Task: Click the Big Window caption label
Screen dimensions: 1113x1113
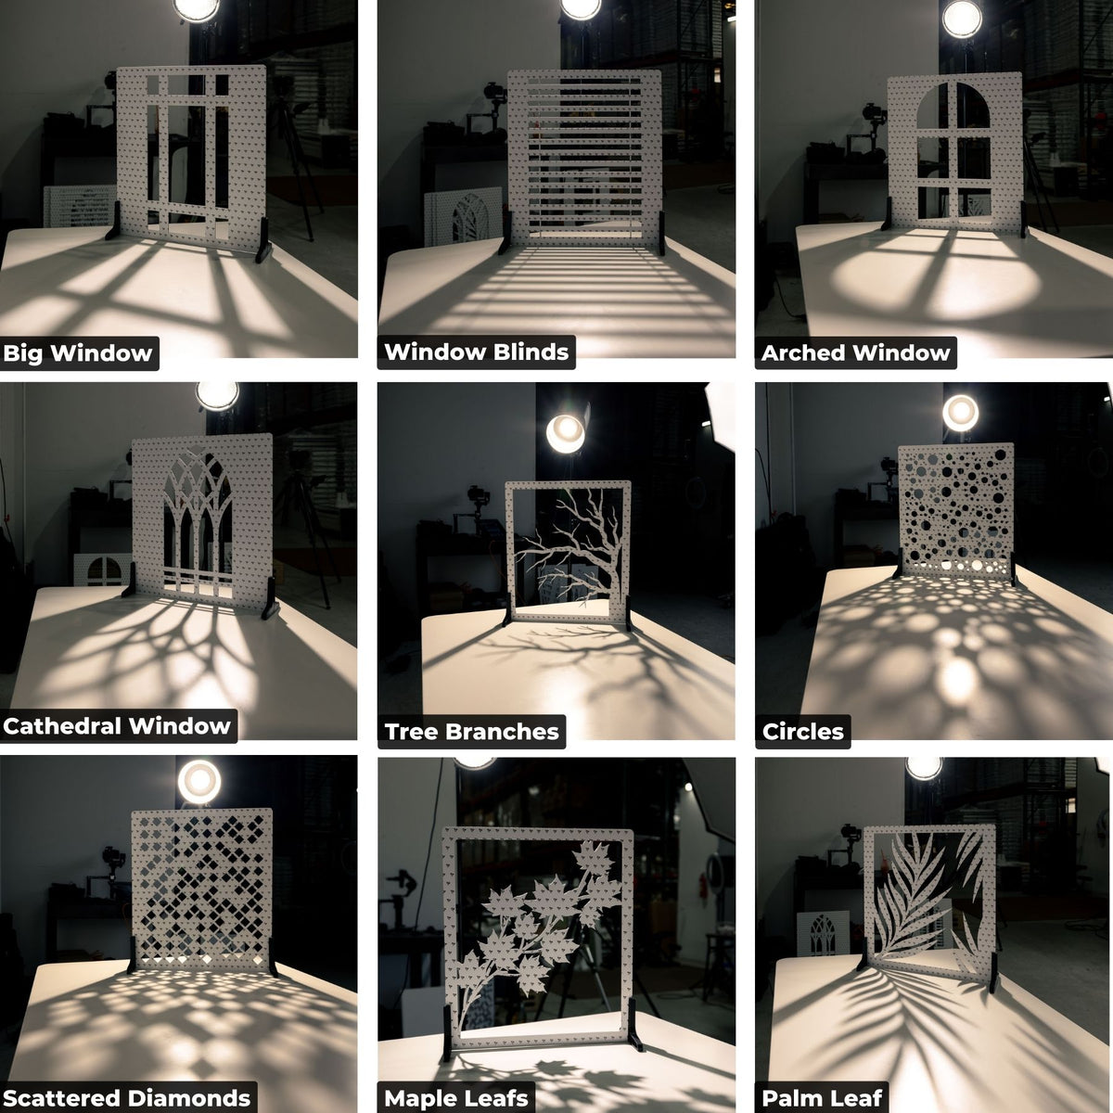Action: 78,353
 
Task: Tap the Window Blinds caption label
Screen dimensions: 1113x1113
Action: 476,352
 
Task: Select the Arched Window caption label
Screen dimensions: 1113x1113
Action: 855,353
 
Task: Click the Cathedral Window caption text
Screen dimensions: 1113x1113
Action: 117,726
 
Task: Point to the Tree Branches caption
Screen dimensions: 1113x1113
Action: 471,732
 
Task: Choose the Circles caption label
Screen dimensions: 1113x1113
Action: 802,732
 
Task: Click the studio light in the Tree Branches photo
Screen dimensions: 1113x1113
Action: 565,432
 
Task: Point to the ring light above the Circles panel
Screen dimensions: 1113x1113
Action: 960,412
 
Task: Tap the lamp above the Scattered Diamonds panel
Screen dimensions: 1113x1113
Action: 198,781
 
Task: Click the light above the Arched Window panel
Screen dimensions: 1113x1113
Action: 962,19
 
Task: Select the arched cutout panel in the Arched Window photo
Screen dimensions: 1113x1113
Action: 953,153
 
